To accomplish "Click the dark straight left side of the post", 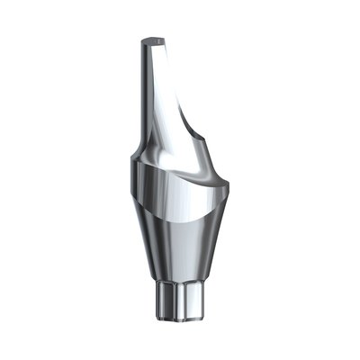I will coord(144,90).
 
